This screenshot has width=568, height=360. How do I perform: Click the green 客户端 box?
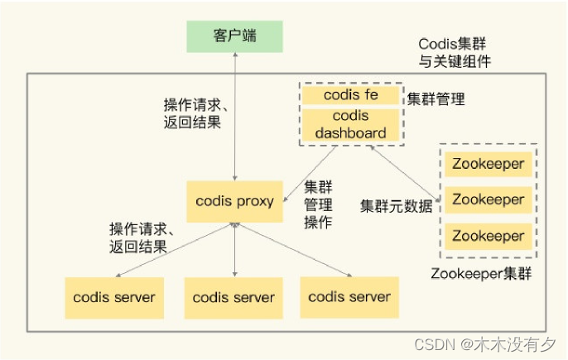pos(234,36)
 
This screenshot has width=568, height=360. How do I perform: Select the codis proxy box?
pos(234,201)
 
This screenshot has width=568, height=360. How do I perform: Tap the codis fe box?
pos(351,95)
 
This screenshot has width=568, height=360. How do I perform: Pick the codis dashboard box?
pos(351,125)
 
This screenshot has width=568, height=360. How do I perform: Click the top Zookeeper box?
pos(488,164)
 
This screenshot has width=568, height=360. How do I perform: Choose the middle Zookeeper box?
pos(488,199)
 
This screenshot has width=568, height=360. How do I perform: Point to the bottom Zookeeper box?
pos(488,236)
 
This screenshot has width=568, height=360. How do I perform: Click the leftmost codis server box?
pos(114,297)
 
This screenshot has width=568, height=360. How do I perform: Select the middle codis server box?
pos(234,298)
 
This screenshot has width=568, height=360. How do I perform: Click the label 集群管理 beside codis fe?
pos(436,99)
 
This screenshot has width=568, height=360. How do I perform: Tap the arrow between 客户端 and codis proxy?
pos(235,116)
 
